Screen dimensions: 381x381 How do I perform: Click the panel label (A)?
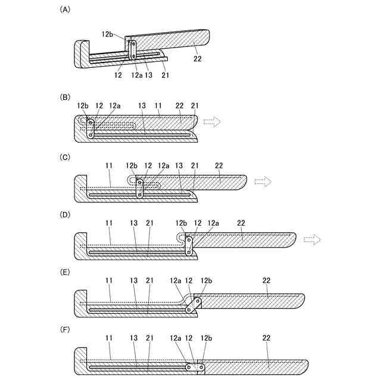click(x=65, y=10)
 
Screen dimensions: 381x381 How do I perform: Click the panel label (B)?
click(x=65, y=96)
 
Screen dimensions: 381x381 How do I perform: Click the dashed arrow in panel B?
click(x=212, y=122)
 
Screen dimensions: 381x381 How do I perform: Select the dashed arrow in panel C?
click(x=263, y=180)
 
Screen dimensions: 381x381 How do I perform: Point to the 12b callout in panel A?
click(x=108, y=35)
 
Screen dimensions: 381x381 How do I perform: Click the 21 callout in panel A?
click(x=165, y=75)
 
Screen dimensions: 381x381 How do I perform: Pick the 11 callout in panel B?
click(x=158, y=106)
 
